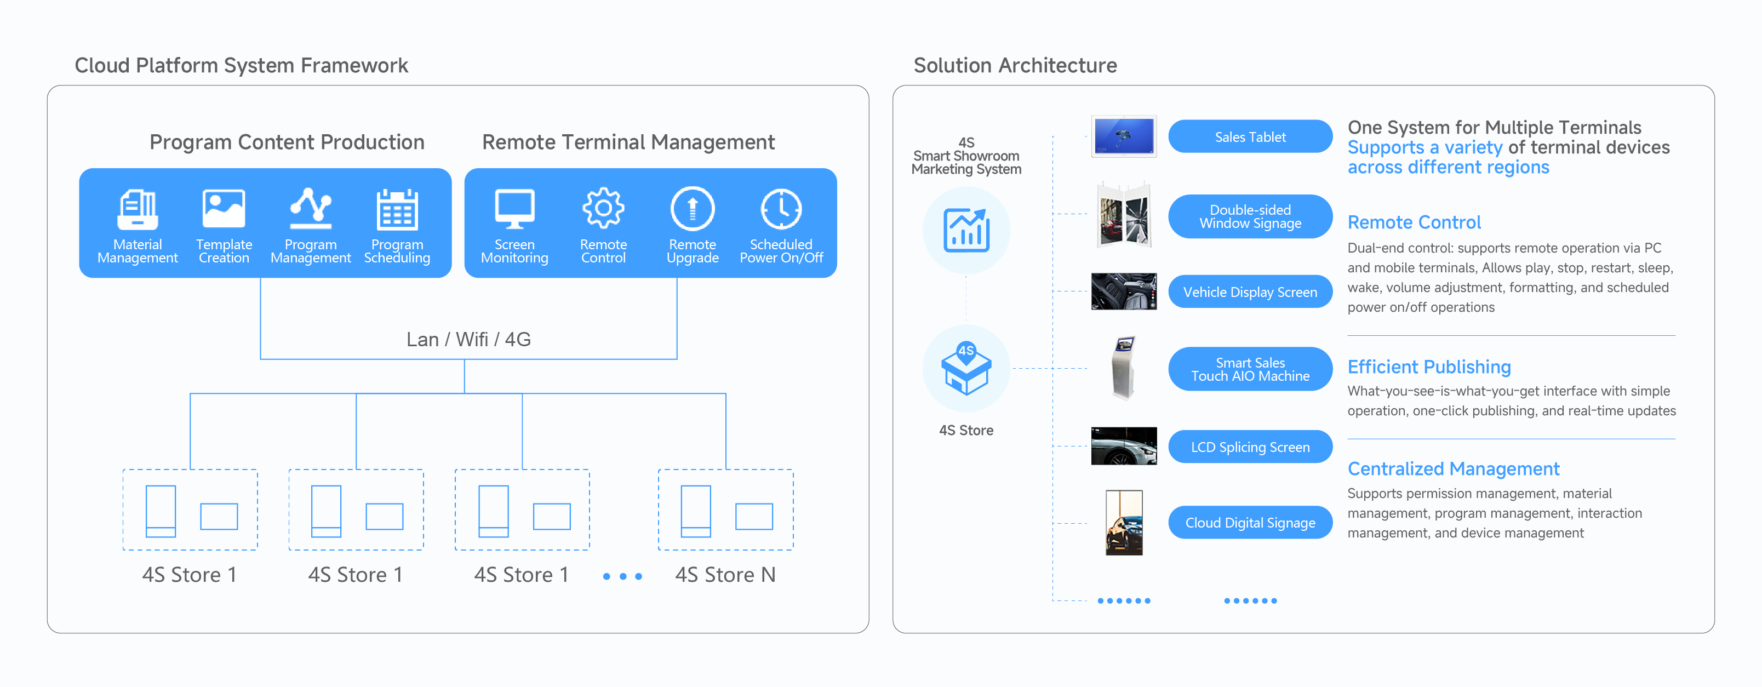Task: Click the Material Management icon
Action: [x=138, y=209]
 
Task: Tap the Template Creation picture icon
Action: [x=224, y=209]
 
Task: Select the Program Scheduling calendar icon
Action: [x=397, y=209]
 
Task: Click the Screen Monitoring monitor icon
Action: [x=514, y=209]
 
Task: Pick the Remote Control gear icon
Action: [x=603, y=208]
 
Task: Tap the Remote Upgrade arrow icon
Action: [x=692, y=209]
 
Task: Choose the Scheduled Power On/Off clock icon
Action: [x=781, y=209]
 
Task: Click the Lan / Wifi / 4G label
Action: [x=468, y=340]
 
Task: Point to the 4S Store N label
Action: [x=725, y=575]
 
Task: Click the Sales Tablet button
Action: [x=1250, y=137]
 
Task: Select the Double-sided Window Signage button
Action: [x=1250, y=216]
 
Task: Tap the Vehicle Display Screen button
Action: [x=1250, y=292]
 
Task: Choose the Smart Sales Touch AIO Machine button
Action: [x=1250, y=369]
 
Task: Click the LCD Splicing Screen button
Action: [x=1250, y=447]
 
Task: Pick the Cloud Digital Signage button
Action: [x=1250, y=523]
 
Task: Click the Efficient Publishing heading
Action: [x=1429, y=367]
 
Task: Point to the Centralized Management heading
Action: [x=1453, y=469]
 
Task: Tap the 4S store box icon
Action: [x=966, y=369]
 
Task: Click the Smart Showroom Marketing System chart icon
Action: [x=966, y=231]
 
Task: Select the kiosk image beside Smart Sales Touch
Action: [x=1123, y=368]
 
